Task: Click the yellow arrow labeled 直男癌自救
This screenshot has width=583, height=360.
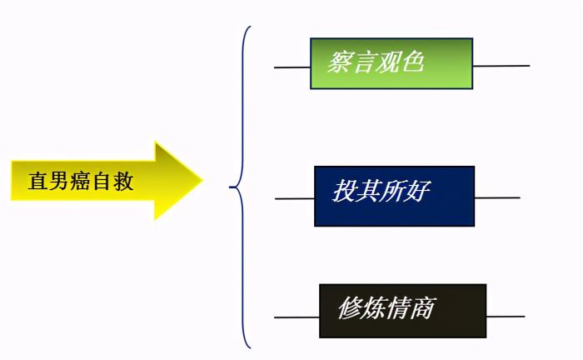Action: (x=100, y=181)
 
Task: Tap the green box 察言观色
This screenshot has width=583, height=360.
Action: (x=391, y=63)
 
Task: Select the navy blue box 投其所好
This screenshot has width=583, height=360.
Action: (x=394, y=196)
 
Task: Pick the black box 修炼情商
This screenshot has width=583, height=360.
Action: (x=402, y=311)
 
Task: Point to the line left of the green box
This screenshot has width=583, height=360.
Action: (x=292, y=67)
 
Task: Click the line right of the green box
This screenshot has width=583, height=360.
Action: (x=501, y=66)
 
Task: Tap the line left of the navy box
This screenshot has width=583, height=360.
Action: (x=295, y=198)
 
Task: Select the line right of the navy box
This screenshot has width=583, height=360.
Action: (x=497, y=197)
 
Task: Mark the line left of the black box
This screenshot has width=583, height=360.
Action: (x=296, y=317)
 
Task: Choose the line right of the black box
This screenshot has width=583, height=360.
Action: (x=506, y=316)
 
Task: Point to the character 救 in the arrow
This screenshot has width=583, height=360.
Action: (x=124, y=182)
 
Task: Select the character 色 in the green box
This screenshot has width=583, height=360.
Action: (x=411, y=62)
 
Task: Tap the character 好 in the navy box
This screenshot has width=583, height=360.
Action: (x=417, y=192)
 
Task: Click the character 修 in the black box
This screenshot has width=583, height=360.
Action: (x=350, y=309)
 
